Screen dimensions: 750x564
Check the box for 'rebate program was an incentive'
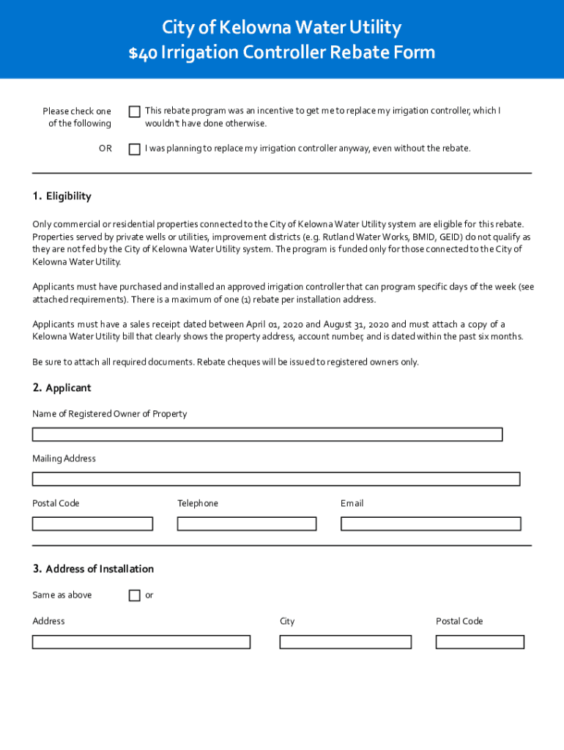(135, 111)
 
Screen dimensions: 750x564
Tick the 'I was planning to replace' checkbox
(135, 149)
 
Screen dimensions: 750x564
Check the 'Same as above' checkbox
(135, 595)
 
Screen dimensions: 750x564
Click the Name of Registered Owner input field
(267, 434)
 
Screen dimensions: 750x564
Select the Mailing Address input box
(276, 479)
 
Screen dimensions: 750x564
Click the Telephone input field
(247, 524)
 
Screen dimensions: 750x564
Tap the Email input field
(431, 524)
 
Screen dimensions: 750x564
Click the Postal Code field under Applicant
(92, 524)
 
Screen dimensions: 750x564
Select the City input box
(345, 642)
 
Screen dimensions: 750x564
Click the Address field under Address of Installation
(141, 642)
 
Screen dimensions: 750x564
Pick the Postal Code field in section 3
(480, 642)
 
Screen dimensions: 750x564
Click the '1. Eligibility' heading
(62, 196)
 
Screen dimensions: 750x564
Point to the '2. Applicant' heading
(62, 387)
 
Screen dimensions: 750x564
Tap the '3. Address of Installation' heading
(93, 569)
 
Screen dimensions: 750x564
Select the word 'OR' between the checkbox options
(105, 149)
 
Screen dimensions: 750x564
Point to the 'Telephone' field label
(198, 503)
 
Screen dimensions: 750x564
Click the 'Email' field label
(352, 503)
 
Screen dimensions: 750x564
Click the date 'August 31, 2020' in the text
(357, 324)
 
